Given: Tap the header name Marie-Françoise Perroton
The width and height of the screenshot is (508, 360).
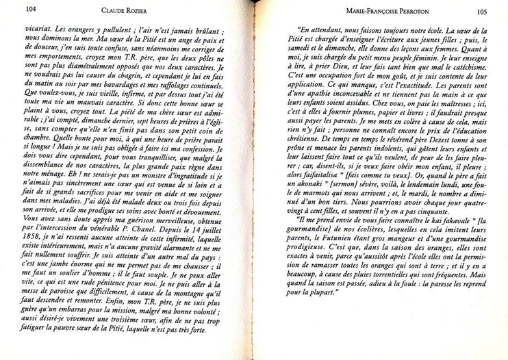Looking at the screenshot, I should click(389, 12).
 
